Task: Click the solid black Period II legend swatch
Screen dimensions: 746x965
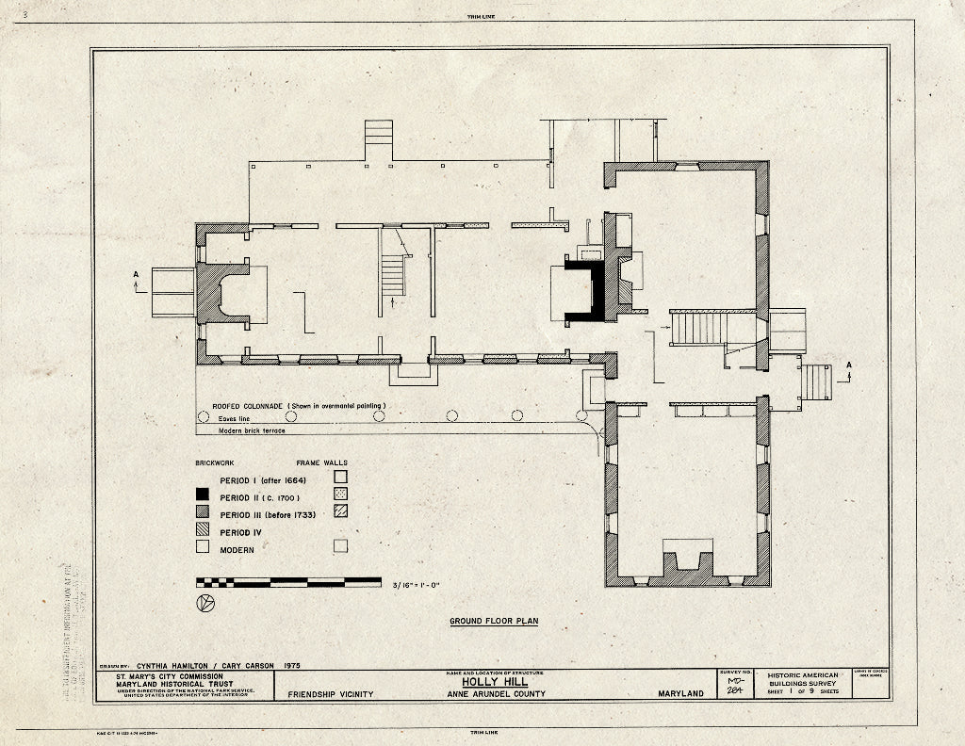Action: [x=202, y=496]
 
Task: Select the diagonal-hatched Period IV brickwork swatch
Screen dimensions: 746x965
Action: [x=202, y=532]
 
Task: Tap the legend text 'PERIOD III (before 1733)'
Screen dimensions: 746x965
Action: [x=267, y=514]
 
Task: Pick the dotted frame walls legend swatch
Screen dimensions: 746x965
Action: [x=340, y=494]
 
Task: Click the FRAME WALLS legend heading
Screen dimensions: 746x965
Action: [x=320, y=463]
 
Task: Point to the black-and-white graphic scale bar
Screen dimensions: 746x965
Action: [x=288, y=582]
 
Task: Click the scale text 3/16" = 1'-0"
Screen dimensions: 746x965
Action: [x=416, y=585]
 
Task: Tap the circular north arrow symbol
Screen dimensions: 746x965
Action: [x=204, y=603]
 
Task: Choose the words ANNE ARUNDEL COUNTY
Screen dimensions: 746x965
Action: [x=496, y=694]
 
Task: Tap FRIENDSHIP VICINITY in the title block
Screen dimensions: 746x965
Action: [x=324, y=694]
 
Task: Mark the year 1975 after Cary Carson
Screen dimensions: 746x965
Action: [x=289, y=665]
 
